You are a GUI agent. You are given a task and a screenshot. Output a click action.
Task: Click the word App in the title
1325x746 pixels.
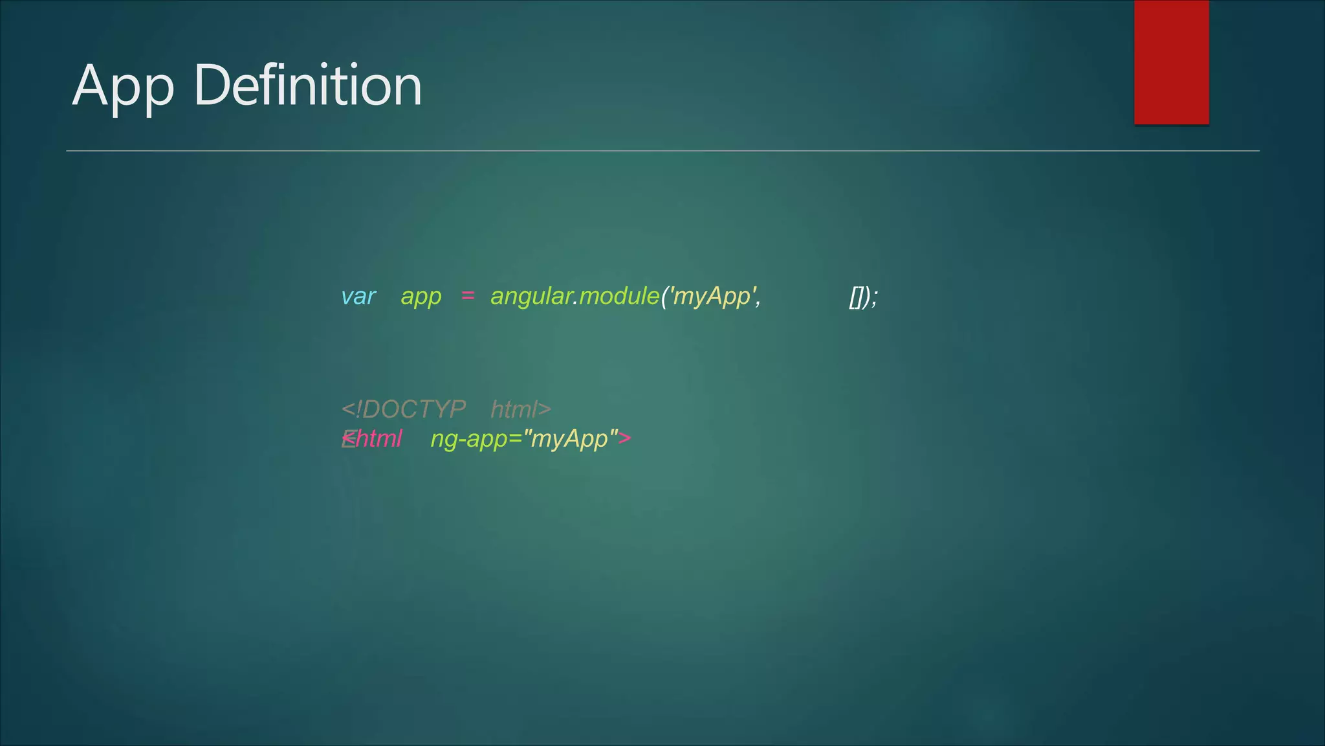coord(123,87)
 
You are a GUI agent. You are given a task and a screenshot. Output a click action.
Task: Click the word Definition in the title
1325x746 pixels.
coord(308,85)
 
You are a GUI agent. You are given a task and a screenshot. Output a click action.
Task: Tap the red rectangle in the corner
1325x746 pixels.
coord(1171,62)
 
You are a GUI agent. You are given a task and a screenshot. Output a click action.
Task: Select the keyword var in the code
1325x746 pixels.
coord(358,297)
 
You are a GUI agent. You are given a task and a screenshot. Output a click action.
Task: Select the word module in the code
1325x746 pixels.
coord(619,297)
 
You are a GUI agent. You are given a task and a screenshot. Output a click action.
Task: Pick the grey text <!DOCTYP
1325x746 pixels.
coord(403,409)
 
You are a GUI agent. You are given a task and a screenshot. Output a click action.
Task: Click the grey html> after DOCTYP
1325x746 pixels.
coord(521,409)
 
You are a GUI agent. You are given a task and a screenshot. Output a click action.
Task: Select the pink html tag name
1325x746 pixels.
coord(378,438)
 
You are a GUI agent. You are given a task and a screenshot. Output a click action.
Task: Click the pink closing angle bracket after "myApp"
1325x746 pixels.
coord(624,438)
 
